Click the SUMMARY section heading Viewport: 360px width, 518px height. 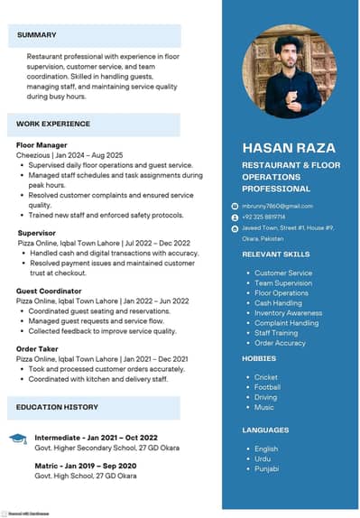(36, 35)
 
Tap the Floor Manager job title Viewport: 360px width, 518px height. (42, 144)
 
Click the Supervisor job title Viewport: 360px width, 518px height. (37, 233)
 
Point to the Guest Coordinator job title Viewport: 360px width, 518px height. (49, 291)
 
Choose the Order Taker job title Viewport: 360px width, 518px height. (38, 347)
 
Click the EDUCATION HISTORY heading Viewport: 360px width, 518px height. (57, 407)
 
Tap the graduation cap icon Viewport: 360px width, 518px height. (18, 439)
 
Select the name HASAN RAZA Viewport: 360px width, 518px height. (289, 147)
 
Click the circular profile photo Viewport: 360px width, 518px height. (289, 72)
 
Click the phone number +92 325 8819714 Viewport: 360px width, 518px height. (263, 217)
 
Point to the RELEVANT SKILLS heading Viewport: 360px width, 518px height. (275, 254)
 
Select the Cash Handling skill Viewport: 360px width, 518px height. (278, 303)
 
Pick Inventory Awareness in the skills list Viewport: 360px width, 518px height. (288, 313)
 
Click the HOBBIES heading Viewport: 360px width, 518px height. (258, 358)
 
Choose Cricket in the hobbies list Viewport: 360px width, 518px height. (266, 377)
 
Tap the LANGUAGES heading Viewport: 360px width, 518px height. (265, 430)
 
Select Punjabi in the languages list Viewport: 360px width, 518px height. (267, 468)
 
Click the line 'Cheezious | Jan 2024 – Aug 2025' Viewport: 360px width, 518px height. (69, 155)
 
